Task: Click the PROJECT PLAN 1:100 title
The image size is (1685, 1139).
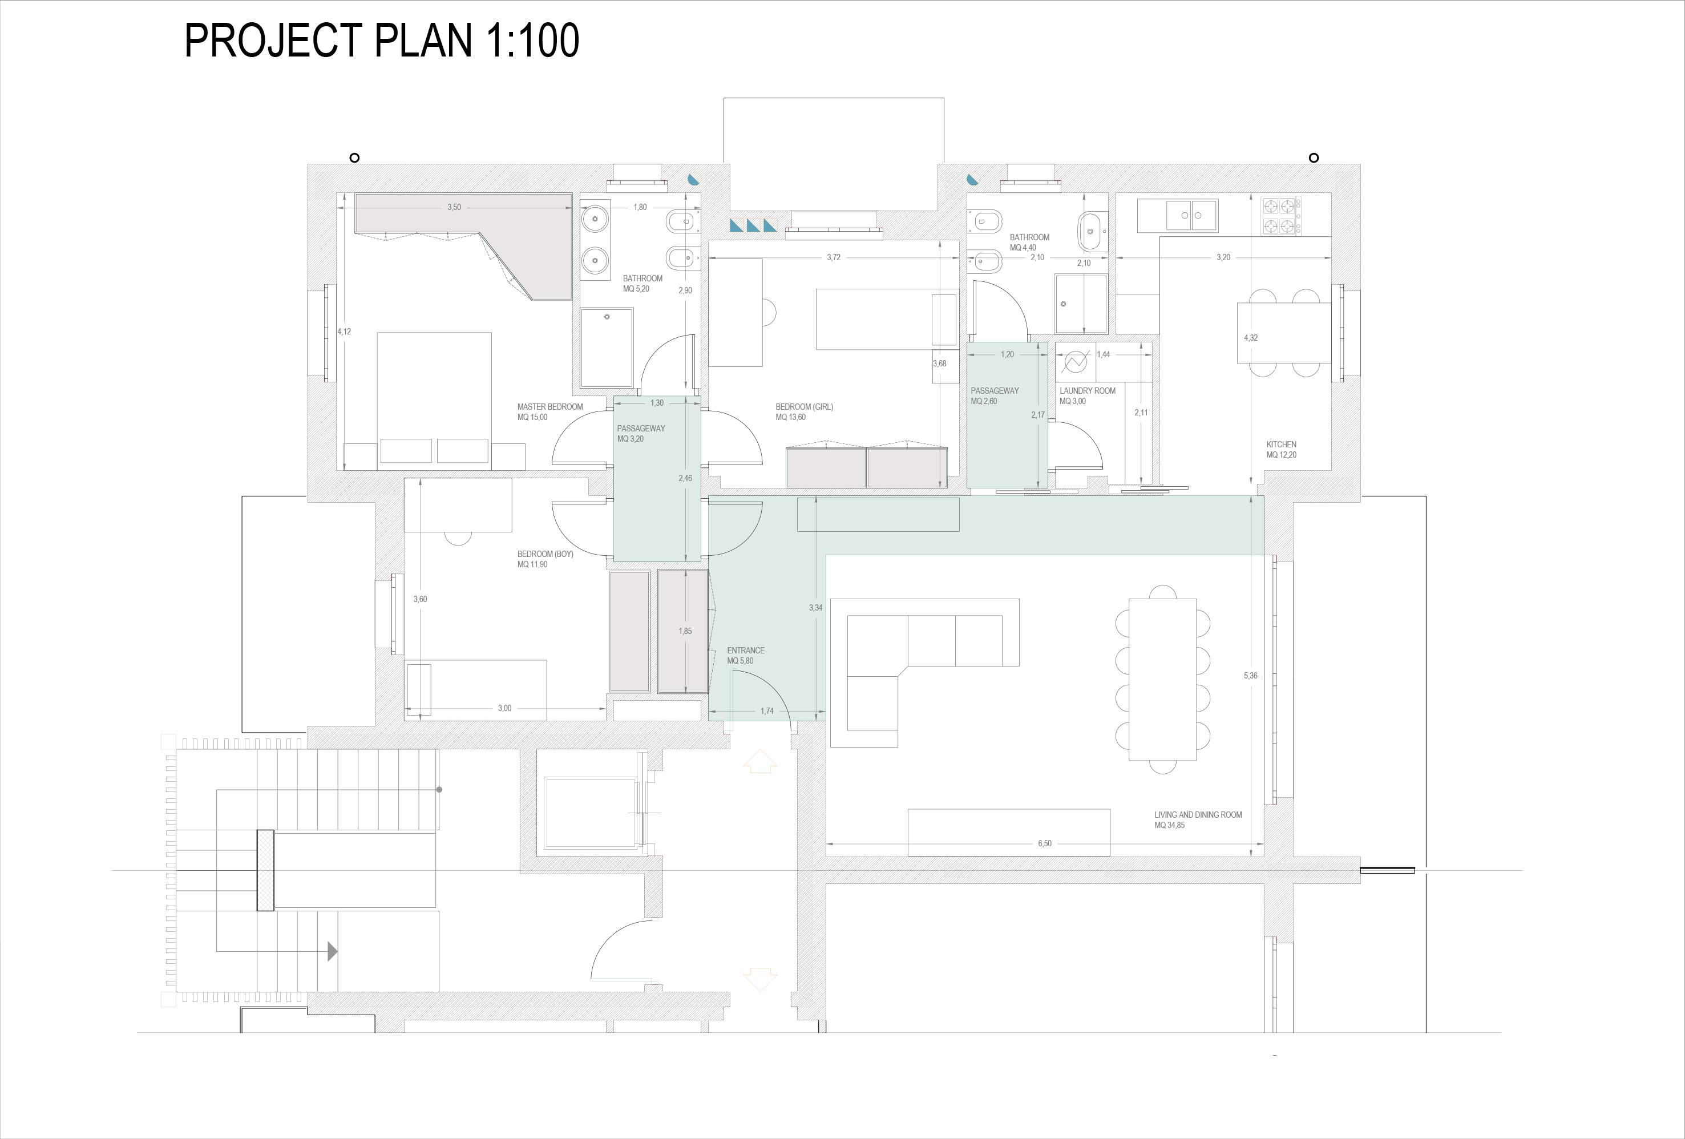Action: [x=382, y=41]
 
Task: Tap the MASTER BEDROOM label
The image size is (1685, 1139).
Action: [x=549, y=407]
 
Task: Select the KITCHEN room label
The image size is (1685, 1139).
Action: [x=1281, y=445]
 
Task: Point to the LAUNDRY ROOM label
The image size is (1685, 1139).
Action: [x=1088, y=391]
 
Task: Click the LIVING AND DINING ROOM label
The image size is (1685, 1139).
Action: [x=1198, y=815]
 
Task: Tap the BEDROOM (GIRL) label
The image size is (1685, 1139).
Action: [x=804, y=407]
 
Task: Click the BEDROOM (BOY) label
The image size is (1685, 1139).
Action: [x=545, y=554]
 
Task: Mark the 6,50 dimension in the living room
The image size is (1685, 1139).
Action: [x=1044, y=843]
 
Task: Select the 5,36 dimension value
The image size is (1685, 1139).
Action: [x=1251, y=675]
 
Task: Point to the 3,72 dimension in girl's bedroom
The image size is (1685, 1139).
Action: [x=834, y=257]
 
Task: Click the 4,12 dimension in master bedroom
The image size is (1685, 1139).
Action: [x=345, y=332]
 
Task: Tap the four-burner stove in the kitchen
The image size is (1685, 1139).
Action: [x=1281, y=216]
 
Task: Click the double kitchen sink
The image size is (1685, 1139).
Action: [x=1192, y=215]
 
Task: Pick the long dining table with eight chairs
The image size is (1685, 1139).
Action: [x=1162, y=679]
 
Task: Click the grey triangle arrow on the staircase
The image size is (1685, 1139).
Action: [x=333, y=951]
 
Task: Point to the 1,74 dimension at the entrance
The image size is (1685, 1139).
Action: [x=767, y=710]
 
